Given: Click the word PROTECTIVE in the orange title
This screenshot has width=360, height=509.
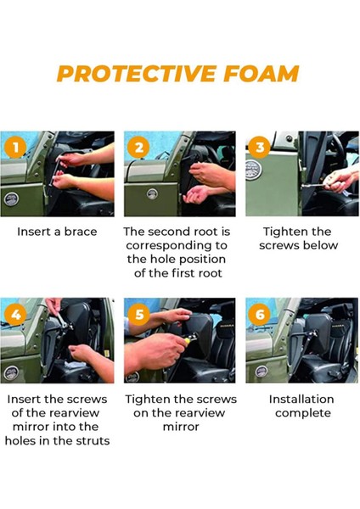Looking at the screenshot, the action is [136, 73].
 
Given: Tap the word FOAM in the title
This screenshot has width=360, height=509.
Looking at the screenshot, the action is [262, 73].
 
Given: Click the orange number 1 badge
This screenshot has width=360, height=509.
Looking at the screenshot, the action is [15, 148].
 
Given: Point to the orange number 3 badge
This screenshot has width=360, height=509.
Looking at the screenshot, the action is [260, 147].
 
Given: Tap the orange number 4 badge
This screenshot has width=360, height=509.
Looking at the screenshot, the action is [15, 315].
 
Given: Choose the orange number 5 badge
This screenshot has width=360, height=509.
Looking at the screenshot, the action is [138, 315].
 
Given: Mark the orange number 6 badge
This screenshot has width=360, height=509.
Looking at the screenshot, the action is [260, 315].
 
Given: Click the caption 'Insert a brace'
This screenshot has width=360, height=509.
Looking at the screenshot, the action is [57, 232].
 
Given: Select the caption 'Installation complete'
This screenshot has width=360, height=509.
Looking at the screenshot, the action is [302, 406].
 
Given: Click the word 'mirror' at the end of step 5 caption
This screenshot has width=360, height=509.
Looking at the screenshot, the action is [181, 427].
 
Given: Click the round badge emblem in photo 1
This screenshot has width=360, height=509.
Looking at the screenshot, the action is [12, 199].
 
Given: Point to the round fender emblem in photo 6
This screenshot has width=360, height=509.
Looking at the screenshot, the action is [261, 371].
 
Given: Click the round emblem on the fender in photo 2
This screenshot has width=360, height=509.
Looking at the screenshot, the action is [152, 194].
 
